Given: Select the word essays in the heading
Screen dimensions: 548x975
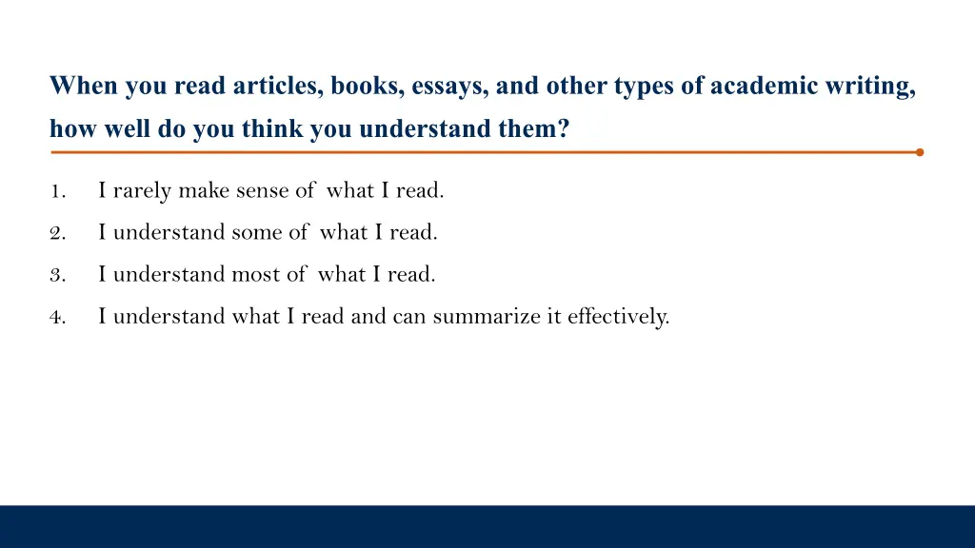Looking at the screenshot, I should click(x=448, y=87).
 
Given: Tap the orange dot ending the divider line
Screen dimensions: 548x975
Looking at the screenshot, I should click(x=919, y=152).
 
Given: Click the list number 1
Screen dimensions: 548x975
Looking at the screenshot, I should click(x=56, y=191).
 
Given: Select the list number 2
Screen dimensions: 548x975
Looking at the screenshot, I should click(x=56, y=233).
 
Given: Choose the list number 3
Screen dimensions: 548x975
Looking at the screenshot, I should click(x=56, y=275).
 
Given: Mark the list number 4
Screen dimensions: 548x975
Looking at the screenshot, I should click(x=56, y=317).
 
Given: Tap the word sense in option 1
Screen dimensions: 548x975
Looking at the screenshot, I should click(x=263, y=191).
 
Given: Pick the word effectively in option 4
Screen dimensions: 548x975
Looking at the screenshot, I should click(x=618, y=317).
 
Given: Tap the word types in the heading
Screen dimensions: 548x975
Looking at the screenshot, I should click(x=644, y=87).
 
